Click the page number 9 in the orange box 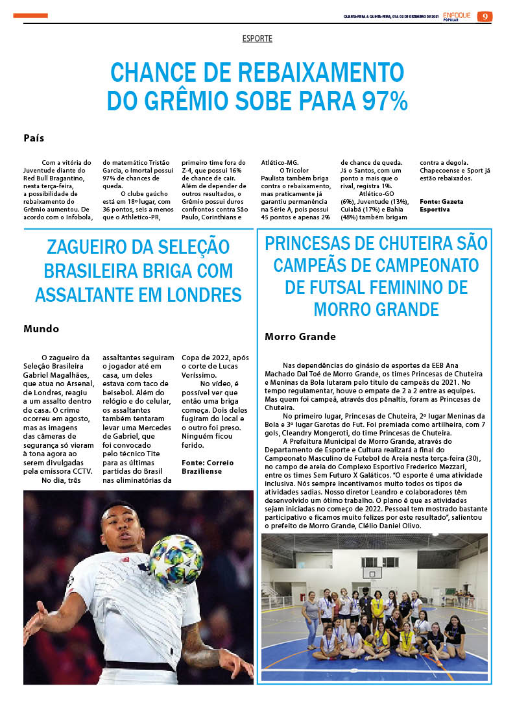tap(485, 17)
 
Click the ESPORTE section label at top tap(257, 39)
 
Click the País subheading tap(34, 138)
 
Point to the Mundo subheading tap(41, 328)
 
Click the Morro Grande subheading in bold tap(300, 337)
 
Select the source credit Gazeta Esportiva tap(441, 206)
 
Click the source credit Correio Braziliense tap(208, 467)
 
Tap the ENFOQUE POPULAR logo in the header tap(458, 17)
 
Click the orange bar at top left tap(30, 16)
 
